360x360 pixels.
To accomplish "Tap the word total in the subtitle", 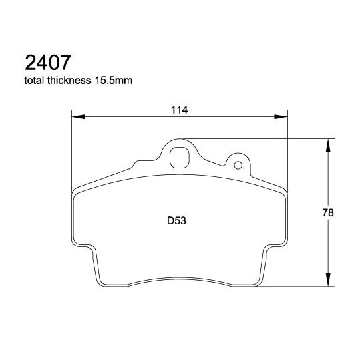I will tap(34, 82).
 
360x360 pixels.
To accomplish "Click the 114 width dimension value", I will tap(178, 110).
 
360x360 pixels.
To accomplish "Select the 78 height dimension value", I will tap(327, 213).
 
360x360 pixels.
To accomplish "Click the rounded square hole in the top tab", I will tap(178, 156).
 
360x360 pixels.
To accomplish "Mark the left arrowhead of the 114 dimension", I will tap(76, 117).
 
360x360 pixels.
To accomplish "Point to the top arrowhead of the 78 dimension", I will tap(327, 143).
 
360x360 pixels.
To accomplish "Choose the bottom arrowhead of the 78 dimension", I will tap(327, 283).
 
